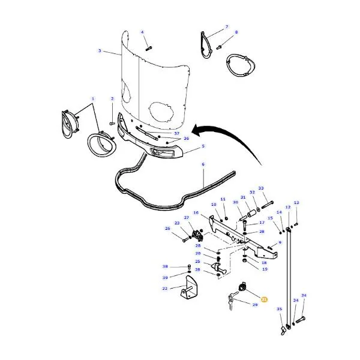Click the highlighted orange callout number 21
(264, 299)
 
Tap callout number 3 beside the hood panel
(100, 50)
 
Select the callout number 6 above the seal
(203, 164)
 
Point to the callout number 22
(165, 289)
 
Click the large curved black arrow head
(197, 131)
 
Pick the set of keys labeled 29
(232, 300)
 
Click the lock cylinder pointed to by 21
(242, 287)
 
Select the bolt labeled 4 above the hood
(149, 49)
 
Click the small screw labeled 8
(219, 47)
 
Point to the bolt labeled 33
(267, 205)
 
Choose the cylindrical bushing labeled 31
(251, 213)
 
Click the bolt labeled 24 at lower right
(301, 319)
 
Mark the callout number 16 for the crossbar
(196, 212)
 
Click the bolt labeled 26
(185, 240)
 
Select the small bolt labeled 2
(112, 124)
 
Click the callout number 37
(176, 133)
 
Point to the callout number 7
(227, 27)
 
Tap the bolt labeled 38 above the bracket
(189, 267)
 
